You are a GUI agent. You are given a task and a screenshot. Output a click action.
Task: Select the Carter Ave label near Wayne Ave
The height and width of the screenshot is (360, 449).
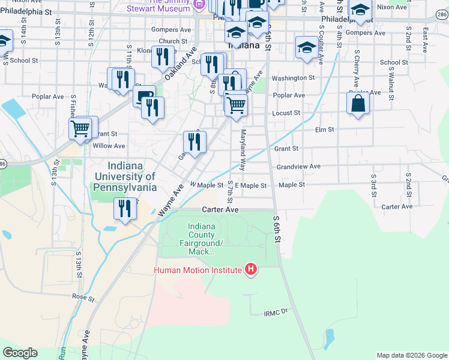click(220, 210)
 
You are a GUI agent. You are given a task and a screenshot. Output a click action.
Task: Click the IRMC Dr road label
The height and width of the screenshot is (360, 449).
click(276, 313)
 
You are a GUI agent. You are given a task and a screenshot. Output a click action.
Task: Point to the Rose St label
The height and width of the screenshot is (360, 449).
click(79, 296)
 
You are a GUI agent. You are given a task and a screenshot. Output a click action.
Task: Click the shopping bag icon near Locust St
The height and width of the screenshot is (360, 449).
click(358, 103)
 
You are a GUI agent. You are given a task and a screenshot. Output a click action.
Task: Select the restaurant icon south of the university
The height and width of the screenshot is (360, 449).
click(125, 209)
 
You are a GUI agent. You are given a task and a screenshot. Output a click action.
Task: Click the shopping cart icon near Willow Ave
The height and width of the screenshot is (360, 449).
click(80, 128)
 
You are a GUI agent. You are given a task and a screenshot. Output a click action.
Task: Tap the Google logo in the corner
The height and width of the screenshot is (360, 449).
click(20, 353)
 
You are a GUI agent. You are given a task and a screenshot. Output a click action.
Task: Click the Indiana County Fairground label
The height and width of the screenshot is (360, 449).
click(201, 239)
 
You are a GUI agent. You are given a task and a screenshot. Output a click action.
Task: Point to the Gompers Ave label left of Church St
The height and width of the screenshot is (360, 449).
click(171, 29)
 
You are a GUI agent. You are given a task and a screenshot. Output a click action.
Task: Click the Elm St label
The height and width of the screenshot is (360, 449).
click(324, 129)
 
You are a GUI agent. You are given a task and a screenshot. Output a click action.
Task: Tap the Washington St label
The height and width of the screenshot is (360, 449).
click(293, 78)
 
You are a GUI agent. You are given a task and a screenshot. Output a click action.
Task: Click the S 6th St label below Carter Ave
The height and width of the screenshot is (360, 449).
click(277, 229)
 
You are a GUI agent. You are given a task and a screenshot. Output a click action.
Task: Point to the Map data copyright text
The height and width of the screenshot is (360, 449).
click(411, 355)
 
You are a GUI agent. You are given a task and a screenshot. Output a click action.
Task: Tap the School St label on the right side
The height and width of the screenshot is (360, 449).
click(394, 62)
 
